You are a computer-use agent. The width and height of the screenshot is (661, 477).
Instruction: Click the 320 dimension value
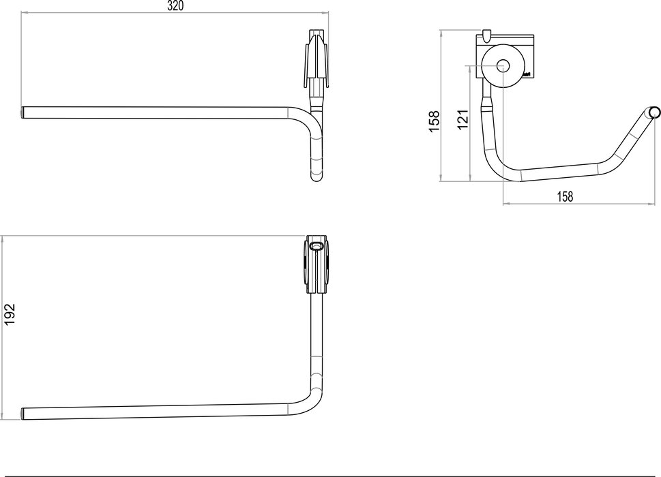(x=175, y=5)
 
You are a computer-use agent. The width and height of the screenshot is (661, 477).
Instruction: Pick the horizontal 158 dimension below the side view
(x=565, y=196)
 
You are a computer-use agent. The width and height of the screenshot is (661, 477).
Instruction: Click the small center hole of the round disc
(x=503, y=66)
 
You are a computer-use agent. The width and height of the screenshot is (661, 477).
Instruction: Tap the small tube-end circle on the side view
(x=654, y=112)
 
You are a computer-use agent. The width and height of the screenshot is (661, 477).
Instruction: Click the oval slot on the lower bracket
(x=317, y=245)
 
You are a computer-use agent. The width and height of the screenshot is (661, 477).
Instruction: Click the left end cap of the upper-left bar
(x=23, y=112)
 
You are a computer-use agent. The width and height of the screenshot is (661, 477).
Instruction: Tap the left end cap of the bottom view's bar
(x=25, y=412)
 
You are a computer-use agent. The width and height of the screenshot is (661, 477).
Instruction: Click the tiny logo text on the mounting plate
(x=527, y=72)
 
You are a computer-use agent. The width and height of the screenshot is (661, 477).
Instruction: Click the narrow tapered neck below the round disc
(x=487, y=102)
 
